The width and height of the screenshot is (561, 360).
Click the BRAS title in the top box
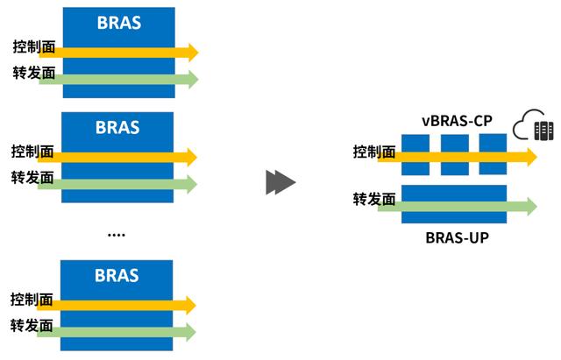119,23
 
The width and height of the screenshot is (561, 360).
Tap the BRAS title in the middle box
117,127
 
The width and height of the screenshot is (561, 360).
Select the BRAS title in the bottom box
117,275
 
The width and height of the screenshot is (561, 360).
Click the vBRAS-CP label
457,121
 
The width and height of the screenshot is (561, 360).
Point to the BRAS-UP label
457,237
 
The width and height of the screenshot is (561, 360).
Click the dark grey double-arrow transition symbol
280,182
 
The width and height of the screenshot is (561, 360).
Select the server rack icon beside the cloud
543,131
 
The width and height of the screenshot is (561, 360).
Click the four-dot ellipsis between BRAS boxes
117,235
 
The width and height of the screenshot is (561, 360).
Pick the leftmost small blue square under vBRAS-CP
415,155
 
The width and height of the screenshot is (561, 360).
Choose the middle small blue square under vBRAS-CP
455,155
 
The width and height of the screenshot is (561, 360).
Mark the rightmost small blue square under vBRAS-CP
493,154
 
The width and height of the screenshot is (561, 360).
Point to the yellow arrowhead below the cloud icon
532,158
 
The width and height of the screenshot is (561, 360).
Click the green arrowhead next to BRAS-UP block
532,206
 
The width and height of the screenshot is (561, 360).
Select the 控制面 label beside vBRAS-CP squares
374,152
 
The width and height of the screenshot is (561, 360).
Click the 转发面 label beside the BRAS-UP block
374,200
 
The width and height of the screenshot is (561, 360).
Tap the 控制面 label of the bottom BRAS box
32,300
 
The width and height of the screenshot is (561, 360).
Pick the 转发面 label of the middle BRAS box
32,178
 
